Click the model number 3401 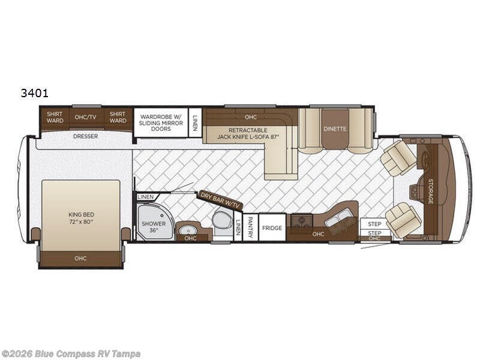point(35,93)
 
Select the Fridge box point(272,227)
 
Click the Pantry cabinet point(250,227)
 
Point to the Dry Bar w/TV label point(220,200)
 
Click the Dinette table point(335,128)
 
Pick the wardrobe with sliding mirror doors point(161,122)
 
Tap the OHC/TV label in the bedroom point(85,117)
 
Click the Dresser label point(85,136)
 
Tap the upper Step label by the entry point(374,224)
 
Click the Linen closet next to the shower point(146,197)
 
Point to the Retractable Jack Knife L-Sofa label point(248,134)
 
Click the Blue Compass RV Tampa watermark point(70,354)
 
